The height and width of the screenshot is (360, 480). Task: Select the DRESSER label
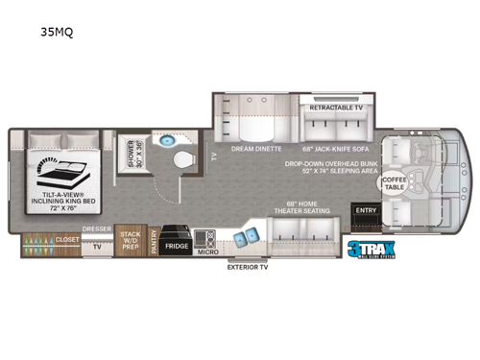pyautogui.click(x=96, y=228)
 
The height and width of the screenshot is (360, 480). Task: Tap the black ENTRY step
pyautogui.click(x=366, y=211)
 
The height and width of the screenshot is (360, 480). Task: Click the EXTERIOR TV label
pyautogui.click(x=248, y=268)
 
